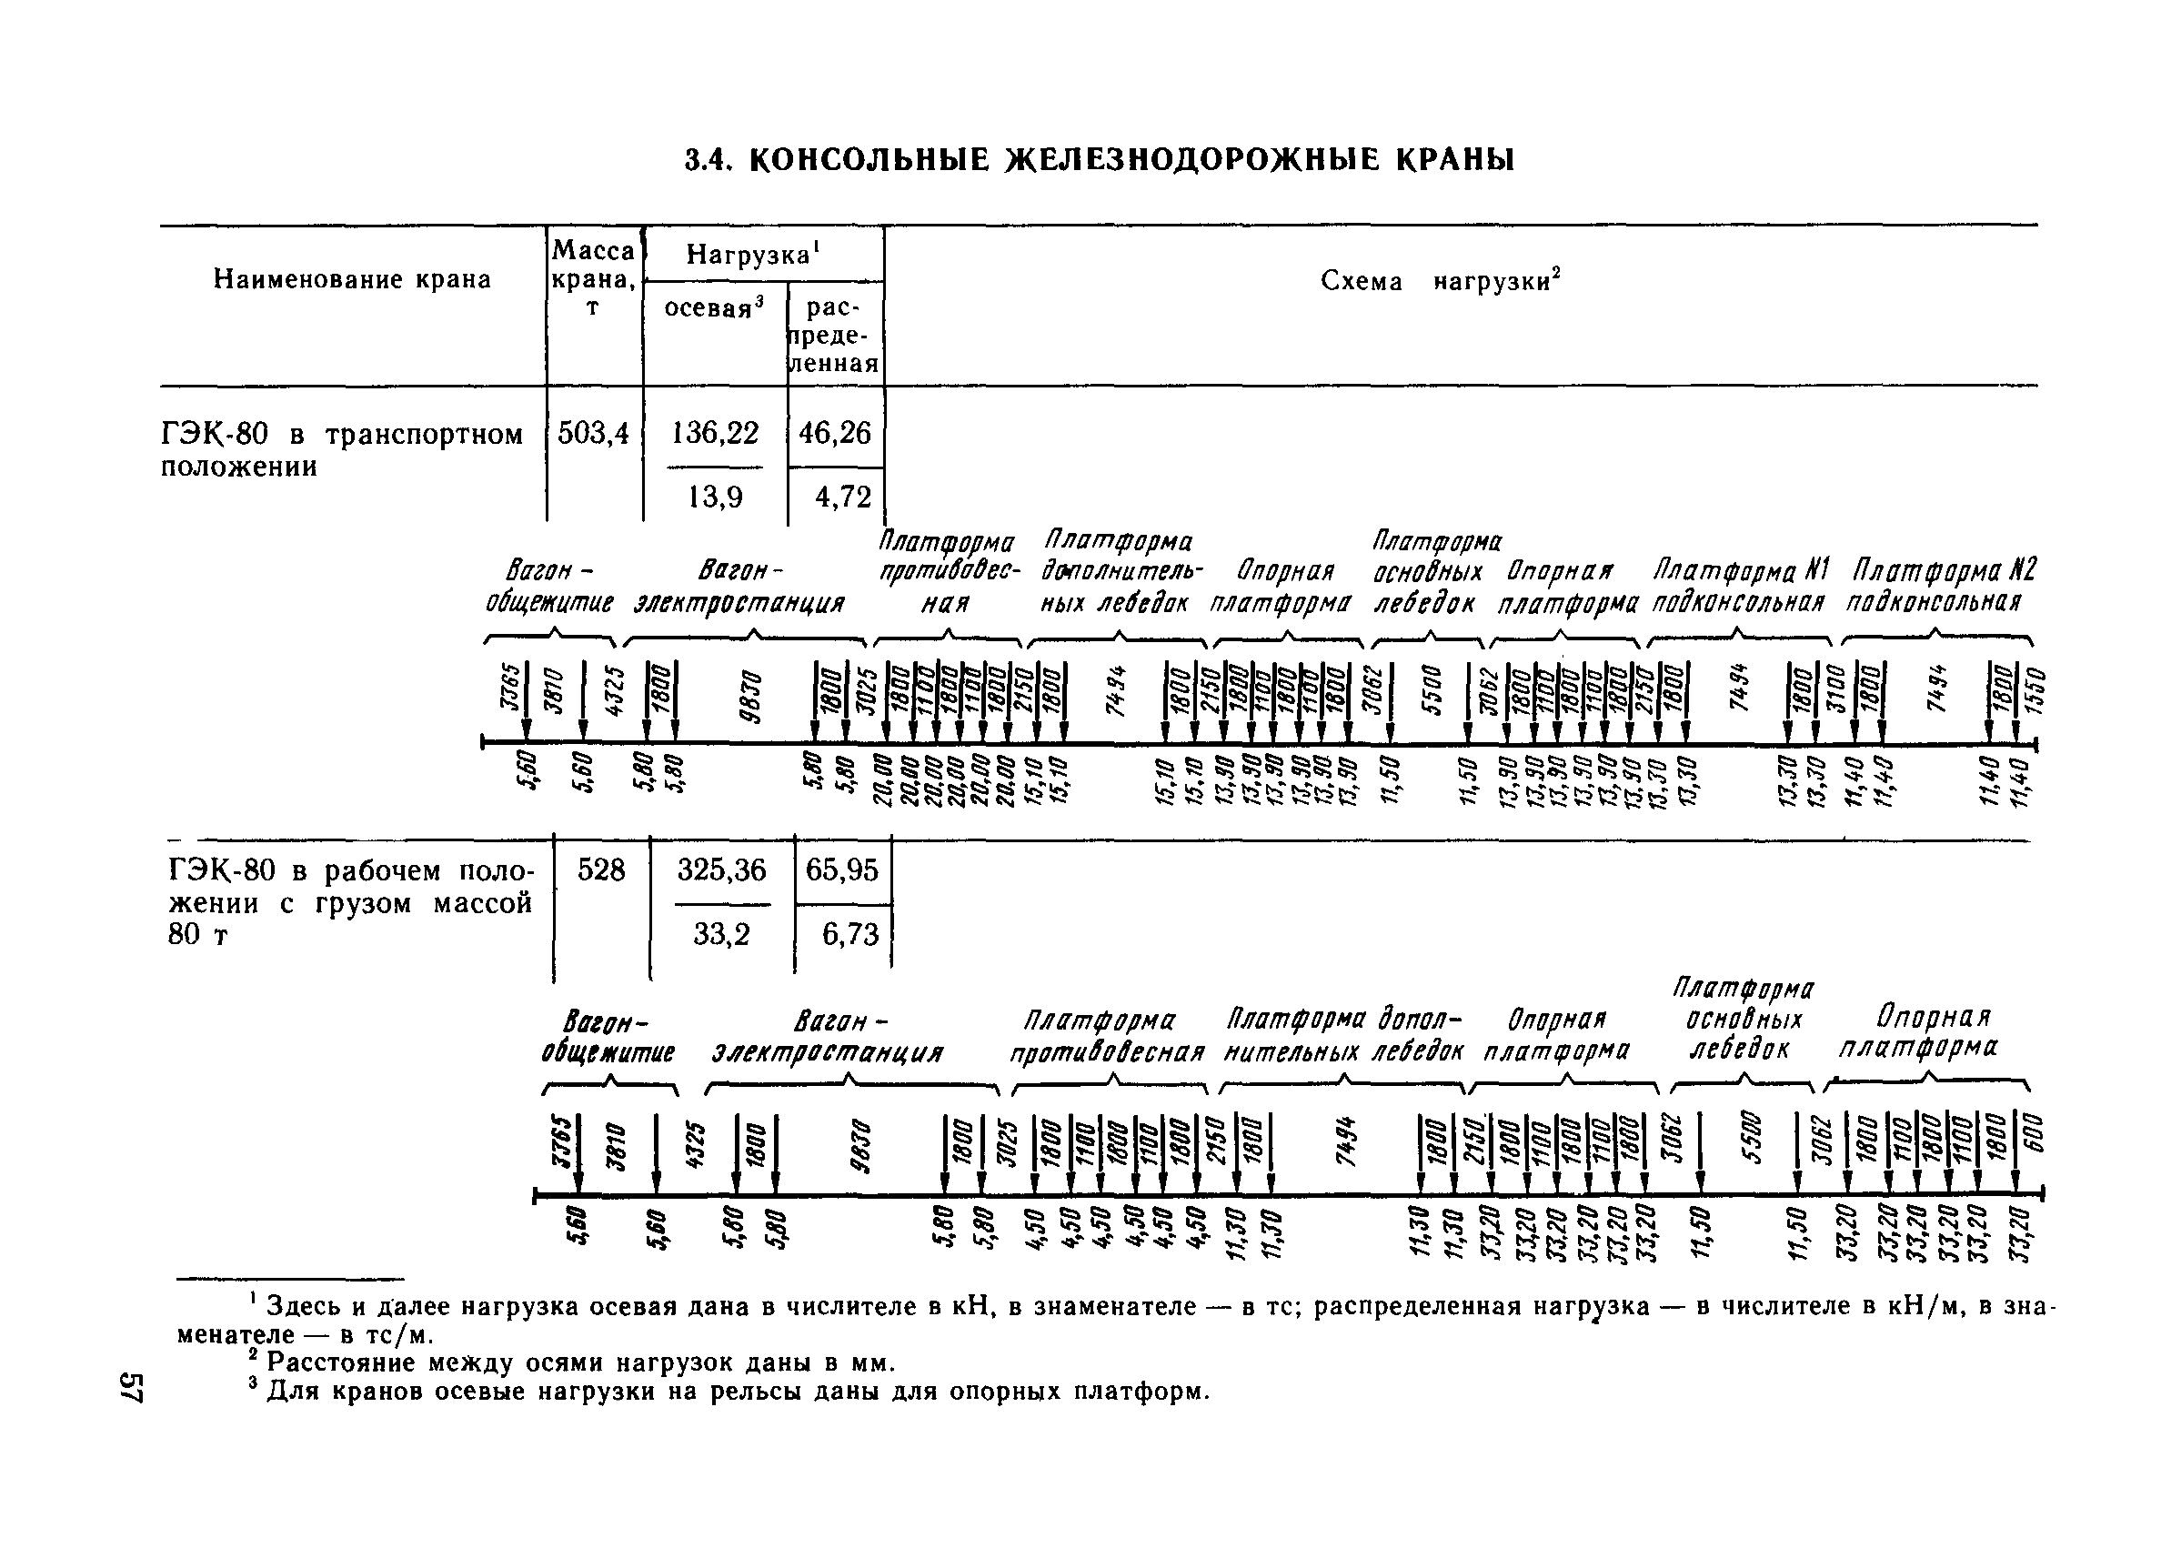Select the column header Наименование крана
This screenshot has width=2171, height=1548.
click(352, 279)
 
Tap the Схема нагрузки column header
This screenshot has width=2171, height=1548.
click(1440, 281)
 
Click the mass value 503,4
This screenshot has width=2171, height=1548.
click(593, 434)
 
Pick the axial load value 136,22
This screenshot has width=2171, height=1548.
click(715, 434)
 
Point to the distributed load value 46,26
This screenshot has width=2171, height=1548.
click(835, 434)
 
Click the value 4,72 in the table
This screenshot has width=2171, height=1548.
click(842, 497)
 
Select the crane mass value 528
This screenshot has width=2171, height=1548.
click(601, 869)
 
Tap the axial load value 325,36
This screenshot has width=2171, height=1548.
click(721, 869)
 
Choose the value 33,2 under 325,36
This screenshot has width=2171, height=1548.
click(721, 934)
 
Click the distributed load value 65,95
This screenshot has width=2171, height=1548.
click(842, 869)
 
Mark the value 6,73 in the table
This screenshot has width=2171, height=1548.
click(850, 934)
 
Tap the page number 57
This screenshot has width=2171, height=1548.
click(132, 1388)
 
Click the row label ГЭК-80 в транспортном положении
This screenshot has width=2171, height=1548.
click(341, 450)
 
